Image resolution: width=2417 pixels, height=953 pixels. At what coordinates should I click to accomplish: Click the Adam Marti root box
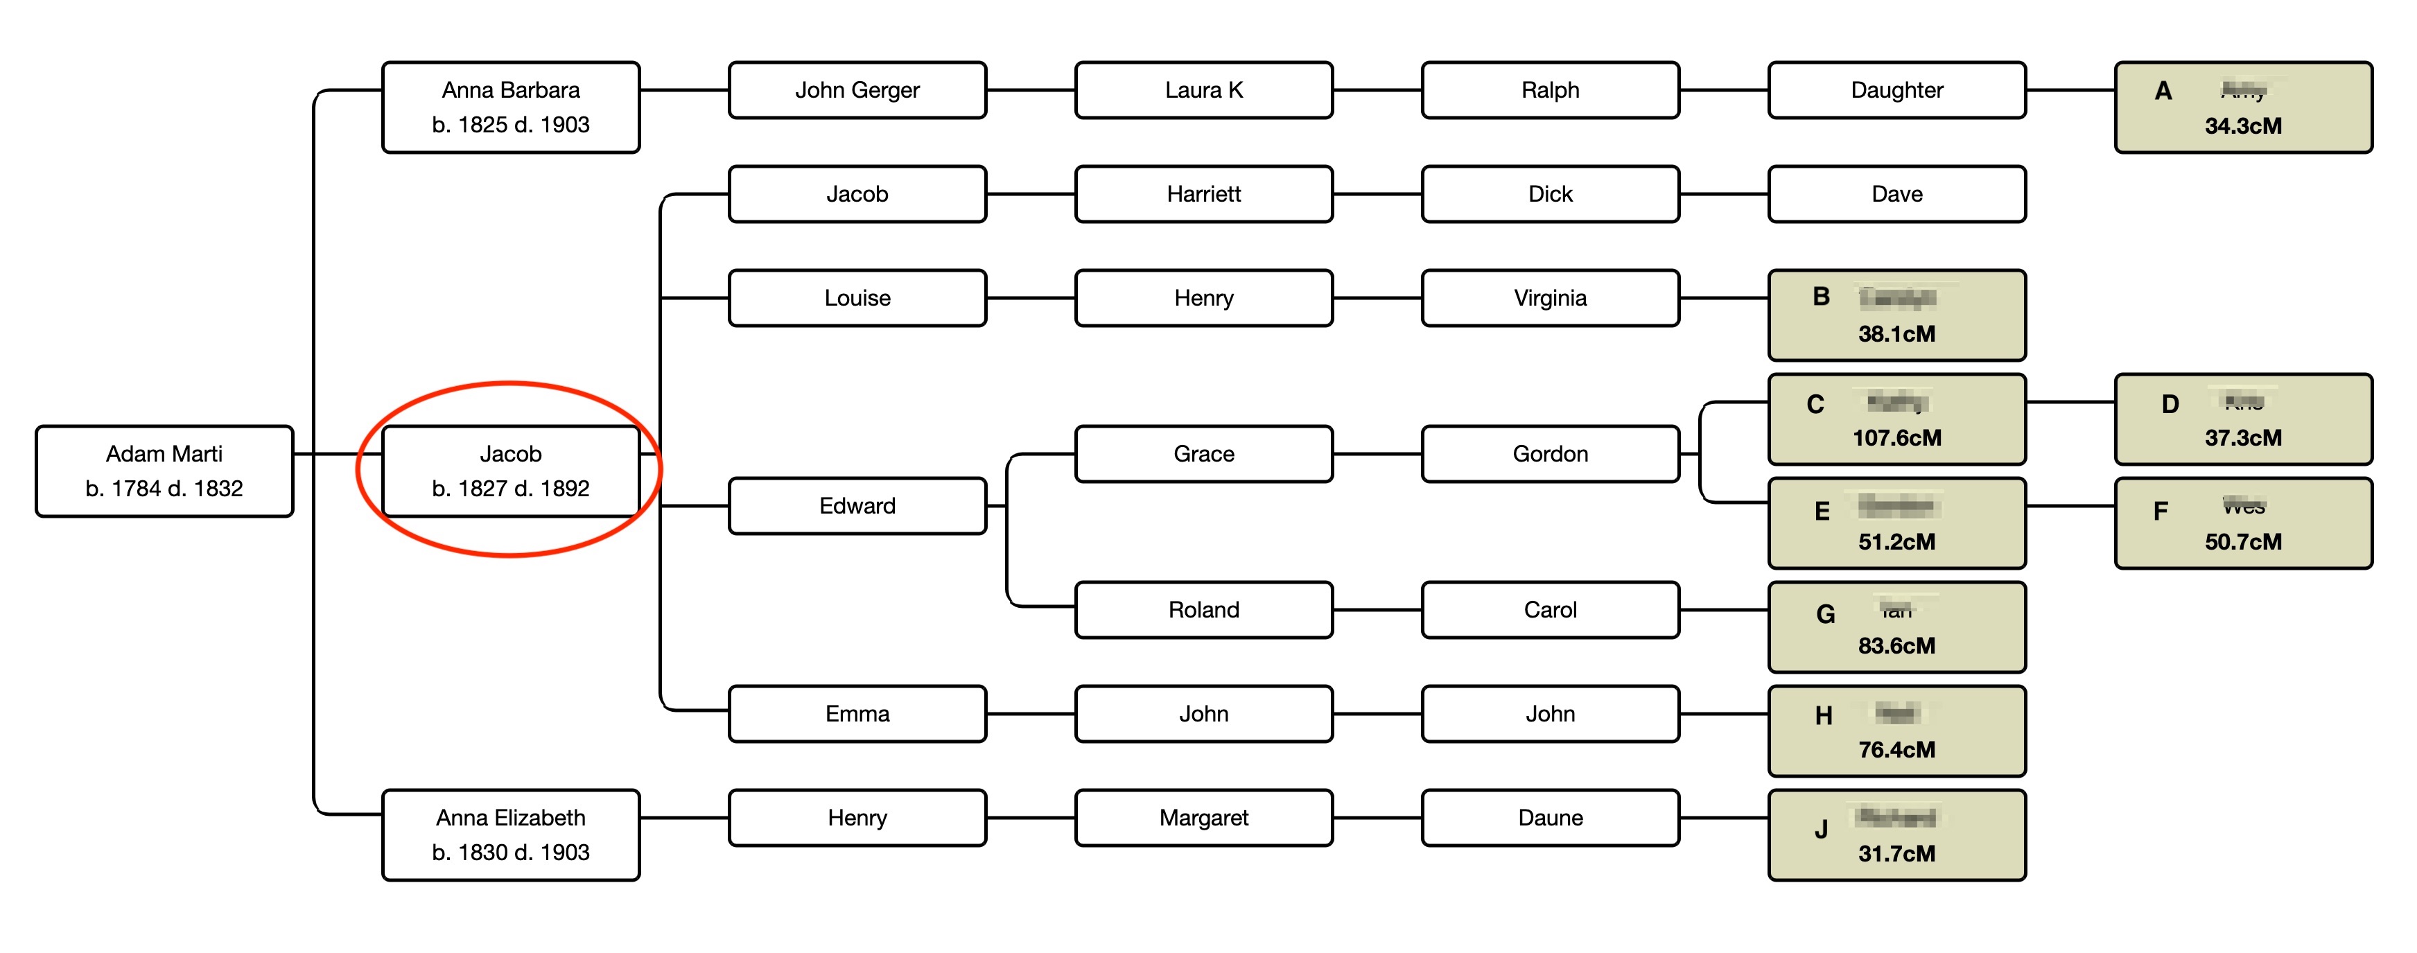164,471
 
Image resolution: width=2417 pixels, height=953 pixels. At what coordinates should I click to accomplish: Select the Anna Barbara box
510,107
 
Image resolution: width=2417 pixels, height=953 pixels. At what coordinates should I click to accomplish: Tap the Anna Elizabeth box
510,834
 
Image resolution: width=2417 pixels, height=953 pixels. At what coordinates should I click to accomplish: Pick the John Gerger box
857,90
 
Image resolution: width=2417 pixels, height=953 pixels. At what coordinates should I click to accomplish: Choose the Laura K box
1204,90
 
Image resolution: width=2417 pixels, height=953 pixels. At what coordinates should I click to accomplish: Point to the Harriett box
1204,194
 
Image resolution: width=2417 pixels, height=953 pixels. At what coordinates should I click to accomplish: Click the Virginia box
1550,298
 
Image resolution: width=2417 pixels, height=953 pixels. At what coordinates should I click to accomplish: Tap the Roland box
1204,610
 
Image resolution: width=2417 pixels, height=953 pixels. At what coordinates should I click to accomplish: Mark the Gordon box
1550,454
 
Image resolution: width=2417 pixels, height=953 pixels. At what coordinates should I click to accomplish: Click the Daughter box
1896,90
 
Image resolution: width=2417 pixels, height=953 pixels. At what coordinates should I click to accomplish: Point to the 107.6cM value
1896,438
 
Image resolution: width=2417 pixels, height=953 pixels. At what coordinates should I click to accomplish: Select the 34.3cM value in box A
2242,125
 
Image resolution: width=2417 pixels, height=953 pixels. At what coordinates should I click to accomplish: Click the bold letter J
1821,829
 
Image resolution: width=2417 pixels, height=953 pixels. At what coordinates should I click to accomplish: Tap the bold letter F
2161,512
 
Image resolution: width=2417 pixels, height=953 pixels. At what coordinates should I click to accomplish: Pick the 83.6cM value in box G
1896,646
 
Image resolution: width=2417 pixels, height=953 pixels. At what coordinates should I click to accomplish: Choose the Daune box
1550,818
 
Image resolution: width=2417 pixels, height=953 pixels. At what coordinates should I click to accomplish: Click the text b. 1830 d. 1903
510,853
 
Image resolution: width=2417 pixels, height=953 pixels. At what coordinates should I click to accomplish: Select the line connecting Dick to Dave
1724,194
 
